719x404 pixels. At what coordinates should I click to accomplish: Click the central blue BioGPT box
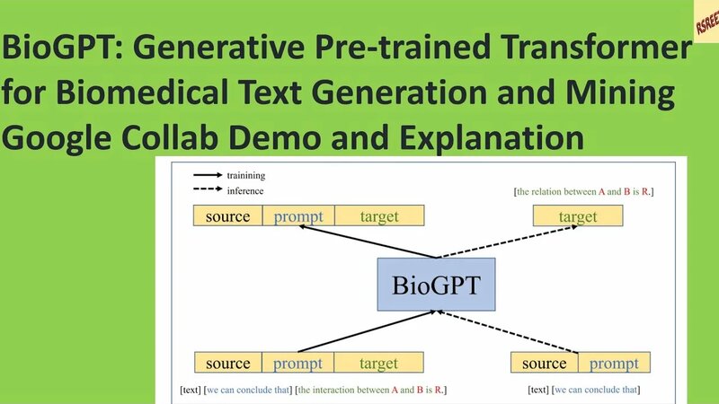click(436, 285)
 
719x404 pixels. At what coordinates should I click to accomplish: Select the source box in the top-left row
click(227, 216)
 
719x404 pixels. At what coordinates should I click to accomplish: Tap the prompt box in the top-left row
click(298, 216)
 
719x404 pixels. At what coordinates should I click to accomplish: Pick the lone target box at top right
click(578, 216)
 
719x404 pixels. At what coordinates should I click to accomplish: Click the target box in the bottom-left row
click(378, 363)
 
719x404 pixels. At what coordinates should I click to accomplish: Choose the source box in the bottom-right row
click(544, 363)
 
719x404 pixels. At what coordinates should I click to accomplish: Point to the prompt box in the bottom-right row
click(614, 363)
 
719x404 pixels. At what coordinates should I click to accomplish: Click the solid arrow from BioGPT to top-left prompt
click(368, 241)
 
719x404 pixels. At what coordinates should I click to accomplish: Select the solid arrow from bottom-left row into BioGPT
click(368, 331)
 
